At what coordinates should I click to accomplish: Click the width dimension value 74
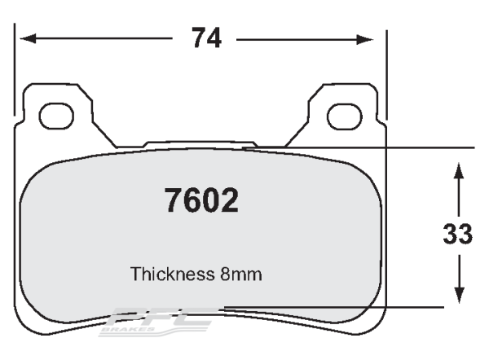tap(205, 38)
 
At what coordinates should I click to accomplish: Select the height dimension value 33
tap(457, 235)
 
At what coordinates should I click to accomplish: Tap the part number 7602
tap(201, 200)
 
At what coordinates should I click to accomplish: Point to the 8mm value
tap(240, 274)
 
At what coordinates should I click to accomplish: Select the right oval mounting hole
tap(344, 116)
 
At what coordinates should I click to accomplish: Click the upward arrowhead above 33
tap(458, 169)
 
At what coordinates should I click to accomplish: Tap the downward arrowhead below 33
tap(458, 298)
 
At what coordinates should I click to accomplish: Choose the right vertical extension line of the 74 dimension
tap(386, 73)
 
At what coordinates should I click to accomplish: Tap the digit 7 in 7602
tap(173, 200)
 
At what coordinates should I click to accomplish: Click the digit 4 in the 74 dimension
tap(217, 38)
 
